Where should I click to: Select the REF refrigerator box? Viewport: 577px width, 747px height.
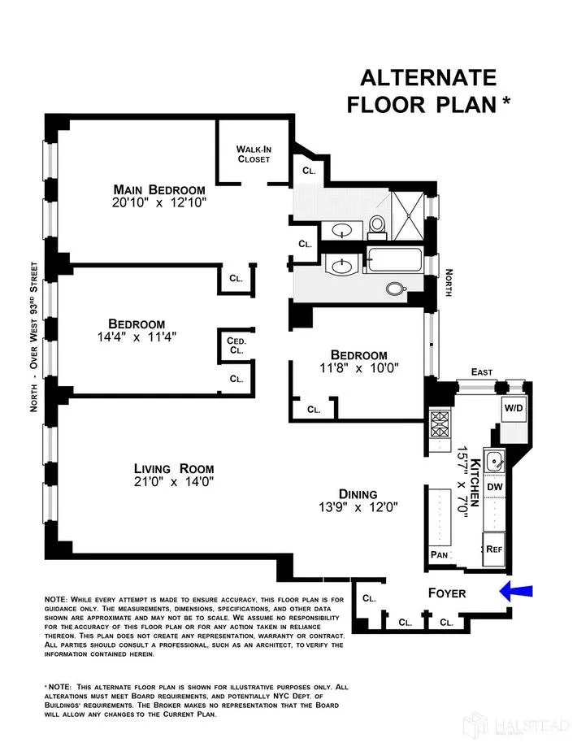click(494, 549)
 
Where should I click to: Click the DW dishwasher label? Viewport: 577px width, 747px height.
click(494, 486)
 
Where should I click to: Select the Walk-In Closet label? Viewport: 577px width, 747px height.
click(254, 154)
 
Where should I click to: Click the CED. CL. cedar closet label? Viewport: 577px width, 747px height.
click(236, 345)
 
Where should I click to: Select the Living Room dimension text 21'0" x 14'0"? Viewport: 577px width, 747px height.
click(174, 483)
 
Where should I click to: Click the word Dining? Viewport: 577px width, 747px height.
click(358, 493)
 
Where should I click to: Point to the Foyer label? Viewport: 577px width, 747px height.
click(447, 593)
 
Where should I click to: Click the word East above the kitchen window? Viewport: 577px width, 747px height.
click(481, 371)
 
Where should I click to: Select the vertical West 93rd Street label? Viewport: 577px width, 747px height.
click(34, 337)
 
